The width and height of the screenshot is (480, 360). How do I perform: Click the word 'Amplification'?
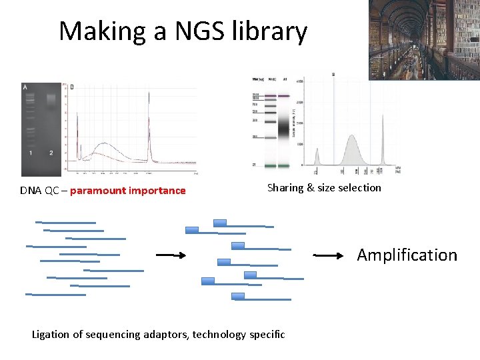coord(407,255)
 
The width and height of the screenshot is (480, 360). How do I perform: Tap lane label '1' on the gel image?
coord(31,153)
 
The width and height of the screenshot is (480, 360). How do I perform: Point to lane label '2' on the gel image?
coord(51,153)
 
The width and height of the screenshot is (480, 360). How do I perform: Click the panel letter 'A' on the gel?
coord(25,87)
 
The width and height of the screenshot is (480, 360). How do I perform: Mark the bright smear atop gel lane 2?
coord(51,99)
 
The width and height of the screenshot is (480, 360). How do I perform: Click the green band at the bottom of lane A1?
coord(285,165)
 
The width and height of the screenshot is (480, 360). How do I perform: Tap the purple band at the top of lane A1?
coord(285,96)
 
